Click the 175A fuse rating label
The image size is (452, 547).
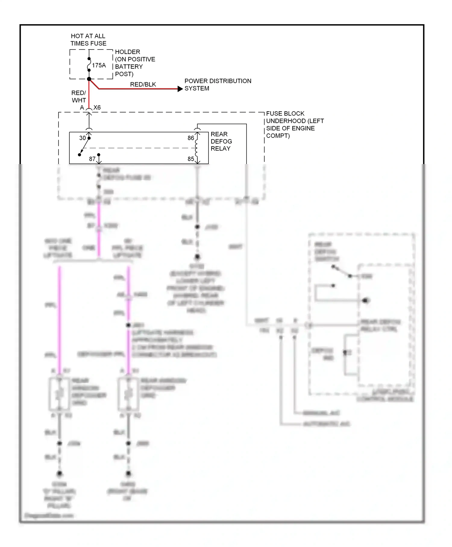click(99, 65)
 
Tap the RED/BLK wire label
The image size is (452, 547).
click(143, 84)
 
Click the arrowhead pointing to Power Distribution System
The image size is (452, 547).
click(180, 89)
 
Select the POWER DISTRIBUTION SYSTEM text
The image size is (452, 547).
click(218, 85)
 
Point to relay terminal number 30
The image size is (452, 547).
click(82, 138)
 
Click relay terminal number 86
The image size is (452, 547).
click(191, 138)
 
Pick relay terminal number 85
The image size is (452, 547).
click(191, 159)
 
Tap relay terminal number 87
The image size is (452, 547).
click(92, 159)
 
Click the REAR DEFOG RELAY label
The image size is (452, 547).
click(221, 141)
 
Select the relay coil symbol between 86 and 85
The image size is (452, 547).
click(197, 148)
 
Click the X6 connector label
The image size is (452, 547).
click(97, 108)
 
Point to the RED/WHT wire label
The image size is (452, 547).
click(79, 96)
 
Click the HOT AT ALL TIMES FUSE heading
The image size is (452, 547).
click(88, 40)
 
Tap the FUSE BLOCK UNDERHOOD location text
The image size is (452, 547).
click(295, 125)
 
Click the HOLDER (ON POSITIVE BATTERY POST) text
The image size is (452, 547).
click(135, 63)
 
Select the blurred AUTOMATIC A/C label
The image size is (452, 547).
click(327, 424)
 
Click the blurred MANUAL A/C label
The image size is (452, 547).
click(321, 413)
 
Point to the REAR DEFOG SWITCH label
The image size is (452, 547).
click(326, 252)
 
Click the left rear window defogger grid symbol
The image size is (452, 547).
click(59, 394)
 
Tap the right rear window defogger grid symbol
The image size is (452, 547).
click(128, 394)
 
